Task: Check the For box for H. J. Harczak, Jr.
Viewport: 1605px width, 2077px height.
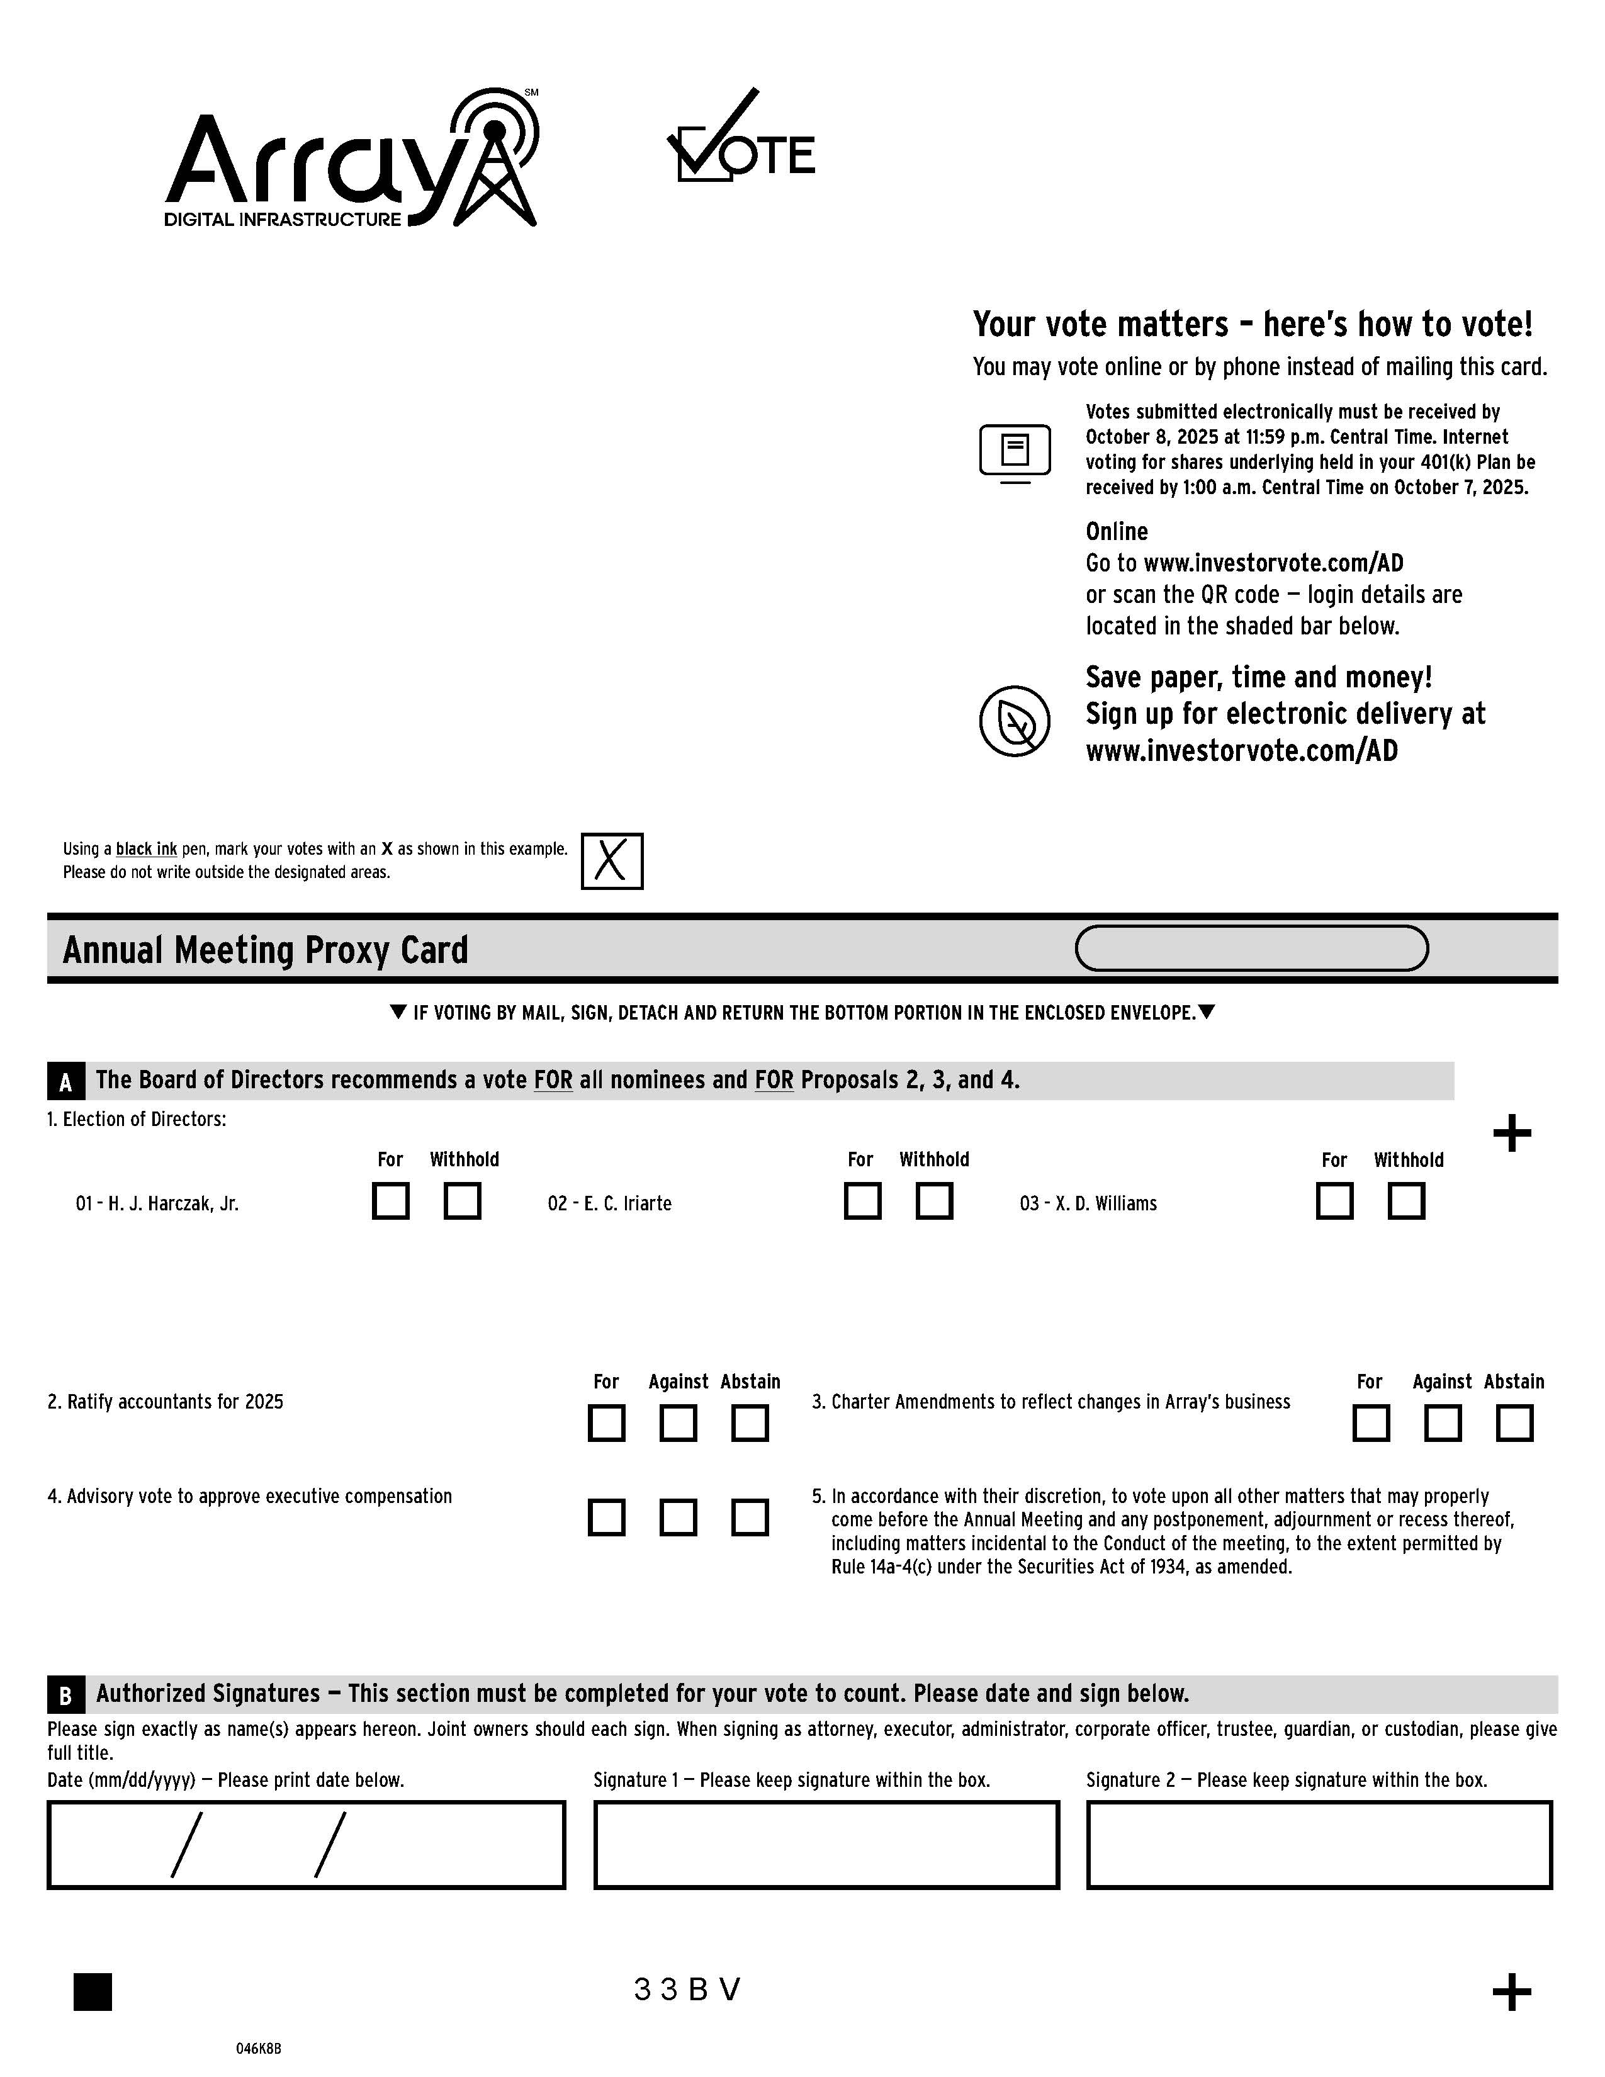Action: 391,1200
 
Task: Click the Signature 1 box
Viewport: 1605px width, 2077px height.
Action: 826,1844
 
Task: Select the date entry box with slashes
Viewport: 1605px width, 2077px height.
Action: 306,1844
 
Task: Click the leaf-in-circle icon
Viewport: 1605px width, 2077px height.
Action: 1015,721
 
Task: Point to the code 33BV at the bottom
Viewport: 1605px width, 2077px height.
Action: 687,1990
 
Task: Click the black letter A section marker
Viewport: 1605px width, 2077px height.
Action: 65,1081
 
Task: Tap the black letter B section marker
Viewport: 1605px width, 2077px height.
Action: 65,1695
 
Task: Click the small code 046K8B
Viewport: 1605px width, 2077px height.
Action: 259,2049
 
